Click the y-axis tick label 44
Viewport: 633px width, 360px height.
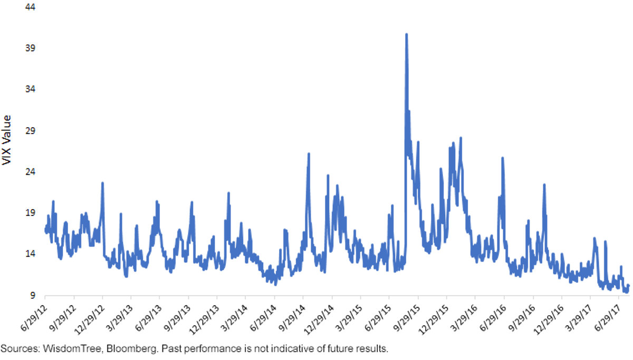pyautogui.click(x=30, y=7)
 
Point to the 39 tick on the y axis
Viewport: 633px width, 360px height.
pyautogui.click(x=30, y=48)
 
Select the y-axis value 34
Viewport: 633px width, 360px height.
pyautogui.click(x=30, y=89)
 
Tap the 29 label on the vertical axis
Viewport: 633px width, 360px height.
pyautogui.click(x=30, y=131)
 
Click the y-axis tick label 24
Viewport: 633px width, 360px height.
pyautogui.click(x=30, y=172)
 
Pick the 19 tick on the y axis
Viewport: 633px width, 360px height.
pyautogui.click(x=30, y=213)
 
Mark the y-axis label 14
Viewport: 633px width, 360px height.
pyautogui.click(x=30, y=254)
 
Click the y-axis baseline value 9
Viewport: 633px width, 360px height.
pyautogui.click(x=33, y=295)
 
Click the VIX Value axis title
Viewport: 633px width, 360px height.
pyautogui.click(x=6, y=140)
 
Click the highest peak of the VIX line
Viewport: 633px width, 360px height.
pyautogui.click(x=406, y=34)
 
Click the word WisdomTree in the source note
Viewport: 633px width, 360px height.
pyautogui.click(x=72, y=349)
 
